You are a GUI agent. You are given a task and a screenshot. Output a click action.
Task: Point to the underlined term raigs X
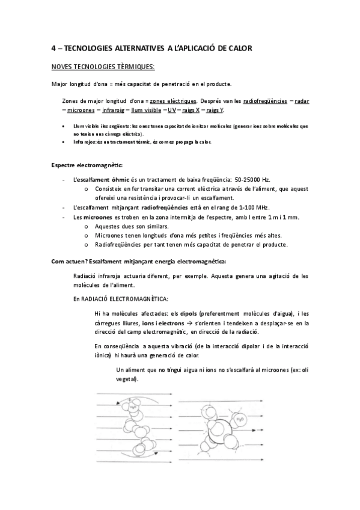click(x=188, y=111)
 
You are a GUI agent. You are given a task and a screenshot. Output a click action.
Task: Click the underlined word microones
click(x=81, y=111)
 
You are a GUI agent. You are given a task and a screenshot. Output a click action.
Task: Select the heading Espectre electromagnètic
click(x=84, y=164)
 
